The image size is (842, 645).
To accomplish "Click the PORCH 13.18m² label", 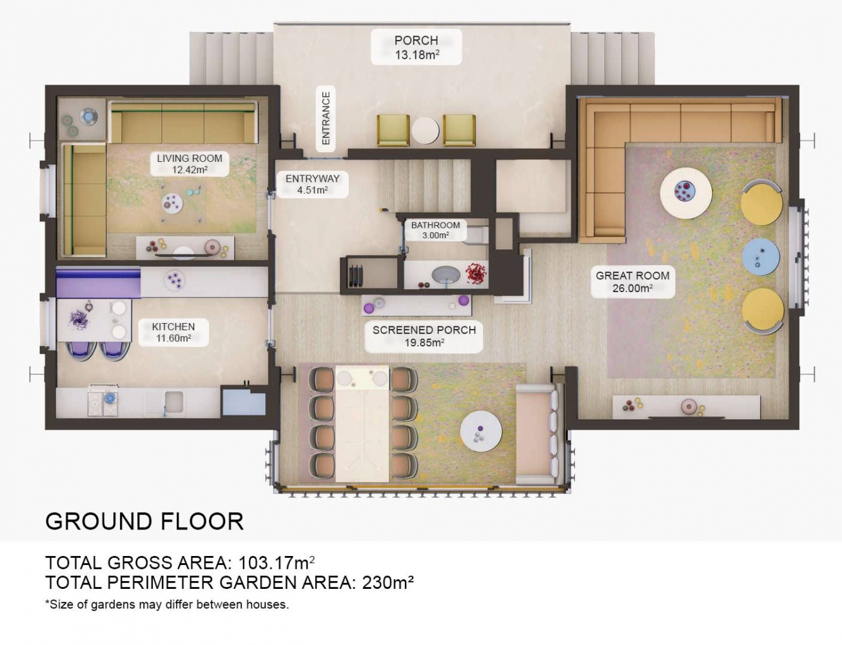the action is [416, 47].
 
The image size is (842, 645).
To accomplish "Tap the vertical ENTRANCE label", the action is [326, 118].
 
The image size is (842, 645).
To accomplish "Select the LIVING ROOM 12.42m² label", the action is [190, 164].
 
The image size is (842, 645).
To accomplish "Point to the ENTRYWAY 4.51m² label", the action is [312, 184].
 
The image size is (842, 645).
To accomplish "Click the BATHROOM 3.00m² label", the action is [436, 230].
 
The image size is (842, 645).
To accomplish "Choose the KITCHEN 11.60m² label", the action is [173, 332].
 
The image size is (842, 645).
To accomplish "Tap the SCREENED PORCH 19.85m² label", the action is [424, 336].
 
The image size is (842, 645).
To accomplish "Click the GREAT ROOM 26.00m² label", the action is [632, 281].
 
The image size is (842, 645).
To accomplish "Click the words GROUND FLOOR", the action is [144, 521].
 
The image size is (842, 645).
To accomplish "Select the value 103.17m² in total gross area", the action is [277, 563].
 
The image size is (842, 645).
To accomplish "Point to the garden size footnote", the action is [167, 604].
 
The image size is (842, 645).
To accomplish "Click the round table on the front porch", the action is [426, 131].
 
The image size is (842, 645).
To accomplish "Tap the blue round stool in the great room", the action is [761, 257].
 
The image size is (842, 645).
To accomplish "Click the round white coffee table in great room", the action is [685, 193].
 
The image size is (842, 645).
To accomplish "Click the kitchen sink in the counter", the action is [174, 401].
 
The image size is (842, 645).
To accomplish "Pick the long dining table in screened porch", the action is [362, 423].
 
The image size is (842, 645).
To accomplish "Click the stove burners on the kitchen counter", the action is [103, 401].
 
